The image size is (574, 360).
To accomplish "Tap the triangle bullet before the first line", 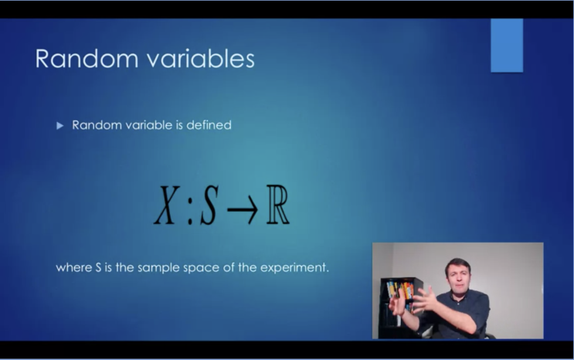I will click(x=60, y=125).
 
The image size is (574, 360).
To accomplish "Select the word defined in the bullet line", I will click(x=209, y=124).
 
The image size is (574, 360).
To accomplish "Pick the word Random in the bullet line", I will click(x=95, y=124).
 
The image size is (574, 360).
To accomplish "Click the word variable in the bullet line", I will click(x=148, y=124).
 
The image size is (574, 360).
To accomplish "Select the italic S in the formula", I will click(x=208, y=206).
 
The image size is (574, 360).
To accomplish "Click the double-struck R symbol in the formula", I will click(x=277, y=206).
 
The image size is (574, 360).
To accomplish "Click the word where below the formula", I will click(x=73, y=268).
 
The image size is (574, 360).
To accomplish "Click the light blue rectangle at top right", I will click(x=507, y=45).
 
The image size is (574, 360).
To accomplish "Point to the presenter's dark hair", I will click(x=457, y=264).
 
